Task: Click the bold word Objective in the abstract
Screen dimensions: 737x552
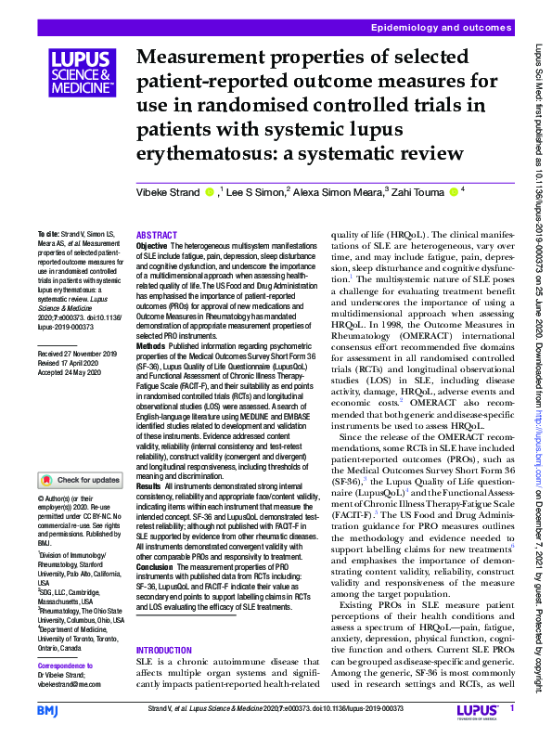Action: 152,246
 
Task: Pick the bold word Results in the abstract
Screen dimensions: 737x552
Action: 148,486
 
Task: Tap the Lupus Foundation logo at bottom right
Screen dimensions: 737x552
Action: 480,710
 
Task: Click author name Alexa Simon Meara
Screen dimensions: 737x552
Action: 339,193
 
